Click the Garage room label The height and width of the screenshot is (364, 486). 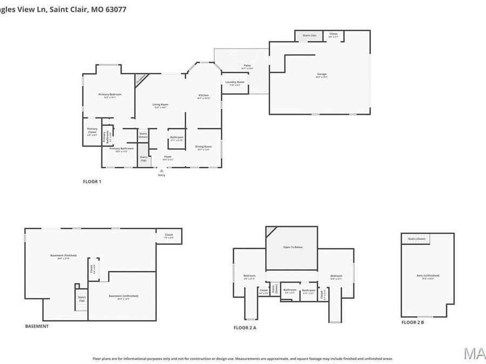pos(322,74)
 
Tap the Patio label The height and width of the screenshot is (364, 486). pos(246,66)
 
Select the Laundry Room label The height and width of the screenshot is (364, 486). pos(235,83)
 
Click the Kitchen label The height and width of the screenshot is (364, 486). pos(204,95)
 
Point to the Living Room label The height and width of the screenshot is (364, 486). pos(160,105)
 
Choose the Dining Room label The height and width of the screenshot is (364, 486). pos(203,147)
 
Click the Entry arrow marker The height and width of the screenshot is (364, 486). pos(161,171)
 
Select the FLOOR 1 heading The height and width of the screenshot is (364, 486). pos(92,182)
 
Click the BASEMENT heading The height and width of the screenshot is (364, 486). pos(37,326)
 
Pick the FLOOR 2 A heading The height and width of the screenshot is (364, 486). pos(245,327)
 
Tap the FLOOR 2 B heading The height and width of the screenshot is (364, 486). pos(413,322)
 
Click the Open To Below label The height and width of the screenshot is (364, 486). pos(291,248)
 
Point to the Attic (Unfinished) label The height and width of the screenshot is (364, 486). pos(427,276)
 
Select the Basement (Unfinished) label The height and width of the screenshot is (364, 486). pos(123,296)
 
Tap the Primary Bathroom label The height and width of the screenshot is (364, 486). pos(121,148)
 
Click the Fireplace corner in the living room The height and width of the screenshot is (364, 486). pos(140,79)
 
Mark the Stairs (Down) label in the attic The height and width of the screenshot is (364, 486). pos(416,238)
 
